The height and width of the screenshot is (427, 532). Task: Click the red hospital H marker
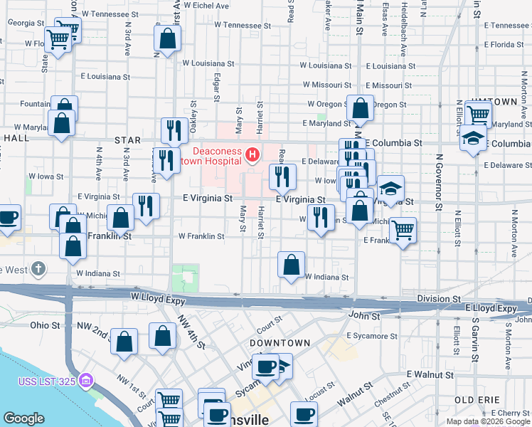252,154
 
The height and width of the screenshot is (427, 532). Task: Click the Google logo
23,418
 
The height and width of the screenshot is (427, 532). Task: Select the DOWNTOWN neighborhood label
280,343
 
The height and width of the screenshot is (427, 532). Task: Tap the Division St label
439,299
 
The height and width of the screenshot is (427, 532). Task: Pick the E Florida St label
508,44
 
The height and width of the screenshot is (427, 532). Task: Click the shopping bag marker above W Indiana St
291,265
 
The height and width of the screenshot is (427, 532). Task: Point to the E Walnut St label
430,374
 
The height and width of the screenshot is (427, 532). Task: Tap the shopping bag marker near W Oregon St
361,108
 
